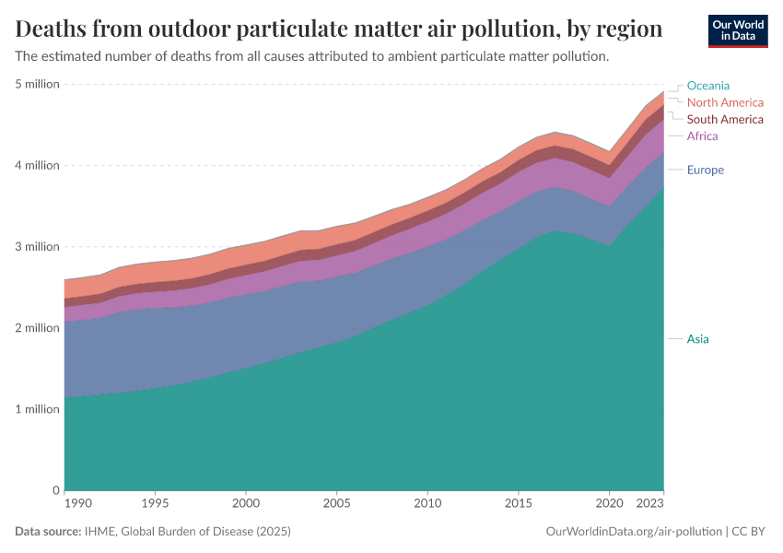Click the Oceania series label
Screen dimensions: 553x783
point(707,86)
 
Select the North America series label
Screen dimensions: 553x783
point(725,102)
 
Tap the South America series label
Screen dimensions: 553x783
point(725,119)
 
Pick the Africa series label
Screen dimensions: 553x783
point(702,135)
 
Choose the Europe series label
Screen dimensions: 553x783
point(705,170)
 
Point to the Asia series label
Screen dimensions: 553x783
point(697,339)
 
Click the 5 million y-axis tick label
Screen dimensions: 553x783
point(37,84)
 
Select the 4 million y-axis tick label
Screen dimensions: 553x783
point(37,166)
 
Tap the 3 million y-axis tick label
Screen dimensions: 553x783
point(37,247)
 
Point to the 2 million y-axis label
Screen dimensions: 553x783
point(37,328)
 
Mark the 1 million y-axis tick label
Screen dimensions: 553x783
point(37,409)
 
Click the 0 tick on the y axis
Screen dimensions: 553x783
point(55,490)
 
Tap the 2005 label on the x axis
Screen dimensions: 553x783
point(336,504)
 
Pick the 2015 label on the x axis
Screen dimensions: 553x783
point(519,504)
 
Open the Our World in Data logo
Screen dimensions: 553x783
point(738,30)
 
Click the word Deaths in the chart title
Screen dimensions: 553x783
point(53,29)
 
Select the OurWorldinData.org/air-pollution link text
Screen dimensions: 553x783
point(634,532)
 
